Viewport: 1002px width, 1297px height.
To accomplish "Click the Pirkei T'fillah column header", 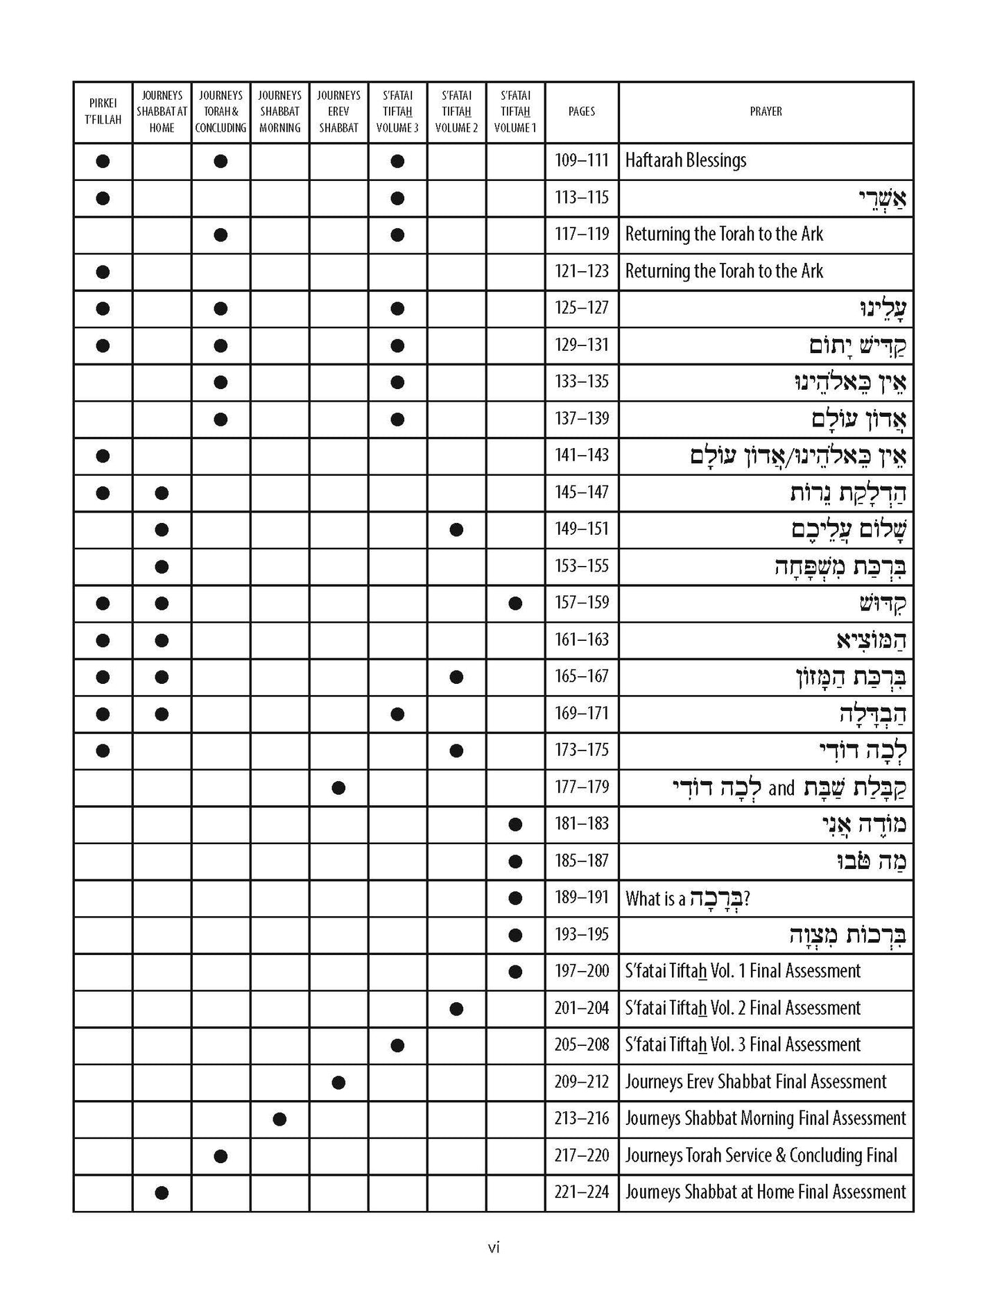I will (103, 112).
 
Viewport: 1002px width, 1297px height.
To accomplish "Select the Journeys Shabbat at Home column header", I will (162, 112).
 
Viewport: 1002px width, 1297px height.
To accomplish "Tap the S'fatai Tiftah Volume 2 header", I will (456, 112).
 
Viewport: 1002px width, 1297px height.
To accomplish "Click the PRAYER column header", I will (766, 112).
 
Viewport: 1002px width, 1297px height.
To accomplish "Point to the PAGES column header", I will (581, 112).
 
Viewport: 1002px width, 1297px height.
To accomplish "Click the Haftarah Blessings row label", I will (685, 161).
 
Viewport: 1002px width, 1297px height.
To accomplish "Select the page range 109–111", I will (581, 161).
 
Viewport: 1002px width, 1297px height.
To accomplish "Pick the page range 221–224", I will (581, 1192).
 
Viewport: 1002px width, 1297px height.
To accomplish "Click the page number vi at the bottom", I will (494, 1248).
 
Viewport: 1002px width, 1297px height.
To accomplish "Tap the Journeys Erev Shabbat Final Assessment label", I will (755, 1082).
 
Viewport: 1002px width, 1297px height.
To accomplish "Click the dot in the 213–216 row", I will (279, 1119).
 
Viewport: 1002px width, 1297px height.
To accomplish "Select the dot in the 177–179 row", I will (338, 787).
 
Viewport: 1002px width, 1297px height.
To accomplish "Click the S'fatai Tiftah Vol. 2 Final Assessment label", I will (743, 1008).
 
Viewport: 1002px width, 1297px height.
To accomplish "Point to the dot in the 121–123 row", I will (103, 272).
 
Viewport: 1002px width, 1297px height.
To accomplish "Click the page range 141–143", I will (581, 456).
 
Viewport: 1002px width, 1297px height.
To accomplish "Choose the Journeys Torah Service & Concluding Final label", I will (761, 1156).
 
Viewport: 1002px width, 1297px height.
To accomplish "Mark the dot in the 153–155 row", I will (162, 567).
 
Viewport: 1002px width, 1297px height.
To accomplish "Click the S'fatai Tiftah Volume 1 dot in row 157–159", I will (515, 603).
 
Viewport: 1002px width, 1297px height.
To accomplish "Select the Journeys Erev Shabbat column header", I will (338, 112).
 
